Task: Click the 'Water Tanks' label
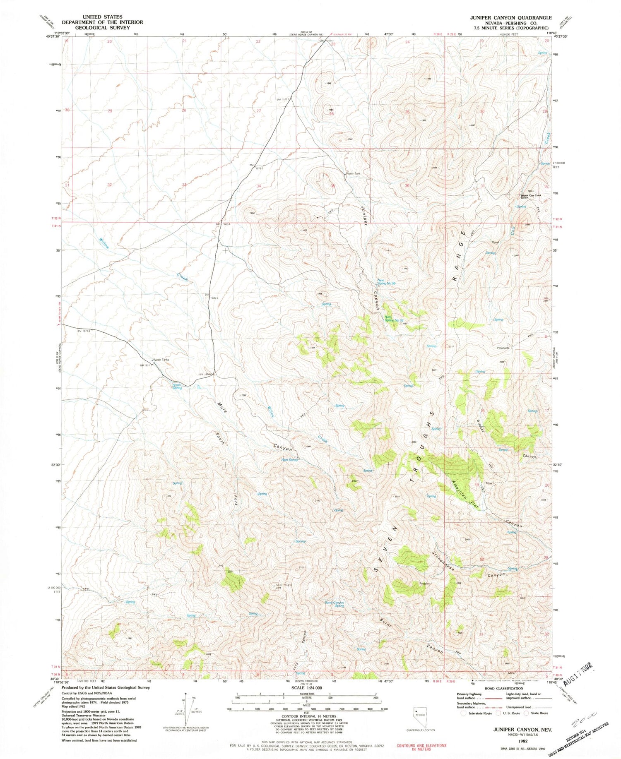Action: pyautogui.click(x=161, y=360)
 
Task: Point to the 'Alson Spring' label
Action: pyautogui.click(x=177, y=386)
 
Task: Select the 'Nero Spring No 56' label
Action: pyautogui.click(x=386, y=282)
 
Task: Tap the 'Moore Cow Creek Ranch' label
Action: pyautogui.click(x=530, y=197)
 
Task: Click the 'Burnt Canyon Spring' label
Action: pyautogui.click(x=335, y=604)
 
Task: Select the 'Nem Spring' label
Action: pyautogui.click(x=289, y=460)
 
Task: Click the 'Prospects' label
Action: pyautogui.click(x=503, y=348)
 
